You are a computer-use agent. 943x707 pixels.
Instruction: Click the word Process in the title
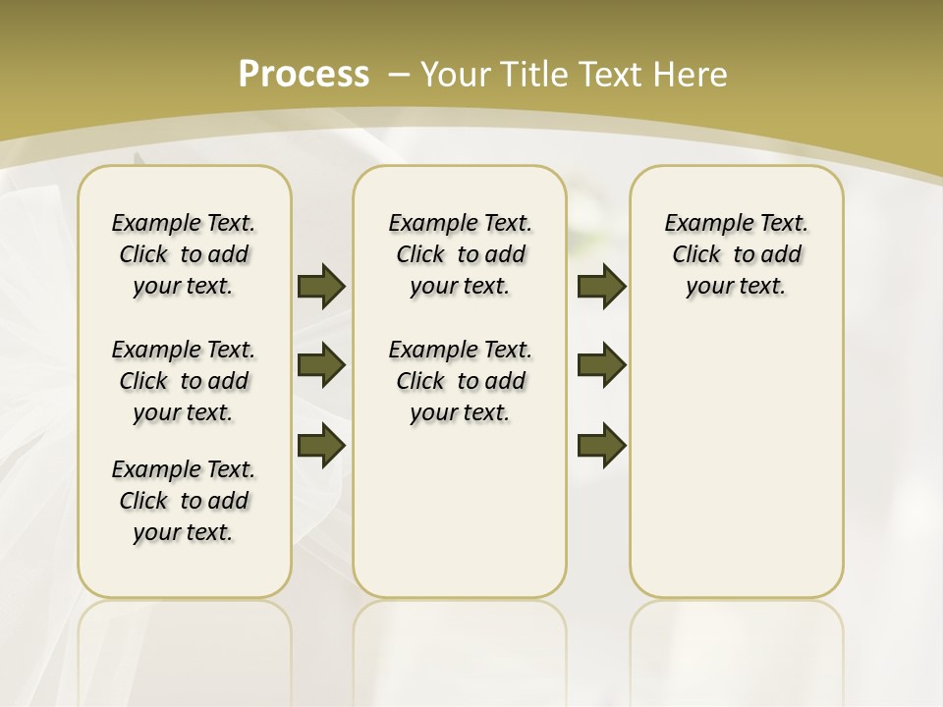tap(304, 75)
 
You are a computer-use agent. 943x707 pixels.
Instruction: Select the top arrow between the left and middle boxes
tap(321, 286)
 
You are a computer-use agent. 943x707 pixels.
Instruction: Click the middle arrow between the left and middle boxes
tap(321, 365)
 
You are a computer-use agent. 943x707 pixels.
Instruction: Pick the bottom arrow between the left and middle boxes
tap(321, 445)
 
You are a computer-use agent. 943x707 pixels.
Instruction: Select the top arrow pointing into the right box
tap(601, 286)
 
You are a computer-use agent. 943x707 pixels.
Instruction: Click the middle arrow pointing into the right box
tap(601, 365)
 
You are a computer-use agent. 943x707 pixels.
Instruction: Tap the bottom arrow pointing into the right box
tap(601, 445)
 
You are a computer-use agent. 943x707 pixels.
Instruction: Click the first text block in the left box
tap(184, 254)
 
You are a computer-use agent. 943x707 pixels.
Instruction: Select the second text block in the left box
tap(184, 381)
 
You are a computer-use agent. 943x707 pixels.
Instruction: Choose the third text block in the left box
tap(184, 501)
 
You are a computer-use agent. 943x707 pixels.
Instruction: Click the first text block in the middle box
tap(460, 254)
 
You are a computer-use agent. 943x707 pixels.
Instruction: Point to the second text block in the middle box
tap(460, 381)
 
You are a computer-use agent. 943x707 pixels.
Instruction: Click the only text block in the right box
tap(736, 254)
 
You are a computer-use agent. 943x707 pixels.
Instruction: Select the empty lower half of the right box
tap(736, 471)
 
